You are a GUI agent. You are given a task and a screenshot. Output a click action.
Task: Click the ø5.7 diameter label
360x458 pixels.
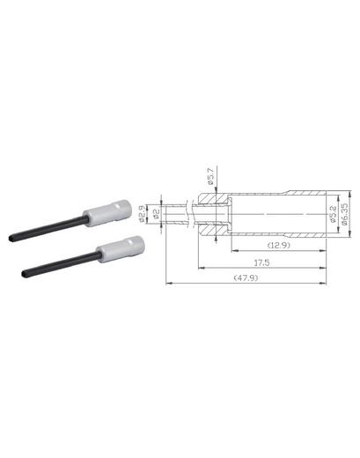tap(211, 176)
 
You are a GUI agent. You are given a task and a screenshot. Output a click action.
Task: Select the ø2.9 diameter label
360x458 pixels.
tap(142, 214)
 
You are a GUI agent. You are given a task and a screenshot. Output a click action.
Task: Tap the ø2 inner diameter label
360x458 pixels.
tap(157, 214)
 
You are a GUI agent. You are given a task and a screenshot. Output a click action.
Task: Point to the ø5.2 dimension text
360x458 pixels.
tap(334, 214)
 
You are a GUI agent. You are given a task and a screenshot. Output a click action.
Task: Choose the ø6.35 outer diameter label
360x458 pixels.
tap(344, 214)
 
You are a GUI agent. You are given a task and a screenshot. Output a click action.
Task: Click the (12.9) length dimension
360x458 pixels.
tap(279, 246)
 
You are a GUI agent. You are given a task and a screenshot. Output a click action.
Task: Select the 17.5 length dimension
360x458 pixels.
tap(261, 262)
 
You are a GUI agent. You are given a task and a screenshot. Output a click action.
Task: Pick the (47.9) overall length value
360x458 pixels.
tap(246, 277)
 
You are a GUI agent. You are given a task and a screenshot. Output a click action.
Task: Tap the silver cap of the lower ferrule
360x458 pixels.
tap(121, 249)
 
